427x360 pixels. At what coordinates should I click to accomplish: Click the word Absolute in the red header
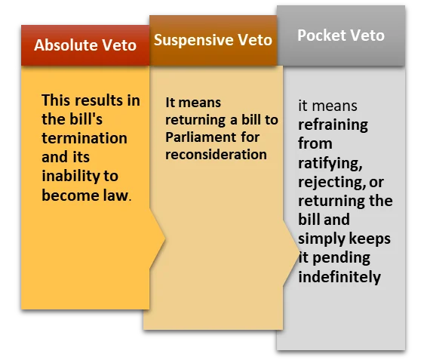66,45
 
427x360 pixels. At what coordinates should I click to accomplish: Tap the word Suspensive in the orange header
193,40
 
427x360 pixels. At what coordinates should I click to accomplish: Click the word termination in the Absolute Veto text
84,138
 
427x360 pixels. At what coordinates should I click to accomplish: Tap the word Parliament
201,137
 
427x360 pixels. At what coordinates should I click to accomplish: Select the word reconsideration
216,155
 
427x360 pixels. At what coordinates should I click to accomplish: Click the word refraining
333,125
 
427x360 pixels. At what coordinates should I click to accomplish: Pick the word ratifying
330,164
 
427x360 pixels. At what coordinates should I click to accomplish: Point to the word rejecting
332,183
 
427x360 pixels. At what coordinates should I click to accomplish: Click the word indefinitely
339,277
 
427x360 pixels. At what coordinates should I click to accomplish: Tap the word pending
341,258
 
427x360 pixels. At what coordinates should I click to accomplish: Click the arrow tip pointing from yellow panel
165,239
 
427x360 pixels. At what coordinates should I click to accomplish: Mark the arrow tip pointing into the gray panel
300,250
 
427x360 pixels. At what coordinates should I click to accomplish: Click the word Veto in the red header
119,45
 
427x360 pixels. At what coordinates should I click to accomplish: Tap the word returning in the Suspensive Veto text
195,120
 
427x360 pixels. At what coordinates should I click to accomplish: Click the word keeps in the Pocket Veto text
370,238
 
